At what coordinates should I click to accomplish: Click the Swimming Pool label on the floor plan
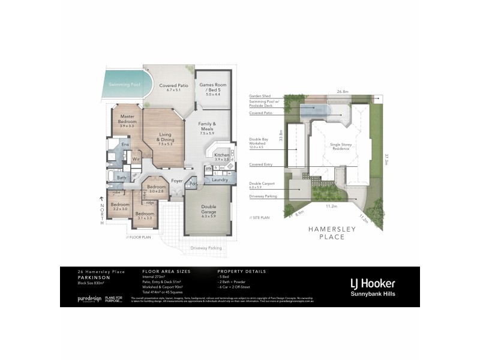coord(125,85)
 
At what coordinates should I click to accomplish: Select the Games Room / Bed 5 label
coord(214,89)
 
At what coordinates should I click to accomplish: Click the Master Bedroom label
coord(127,119)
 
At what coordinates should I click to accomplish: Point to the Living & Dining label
coord(165,140)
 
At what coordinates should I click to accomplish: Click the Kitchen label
coord(221,155)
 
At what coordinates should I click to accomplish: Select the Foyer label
coord(177,180)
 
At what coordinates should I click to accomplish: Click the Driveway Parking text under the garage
coord(206,248)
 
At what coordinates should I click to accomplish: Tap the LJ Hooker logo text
coord(372,283)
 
